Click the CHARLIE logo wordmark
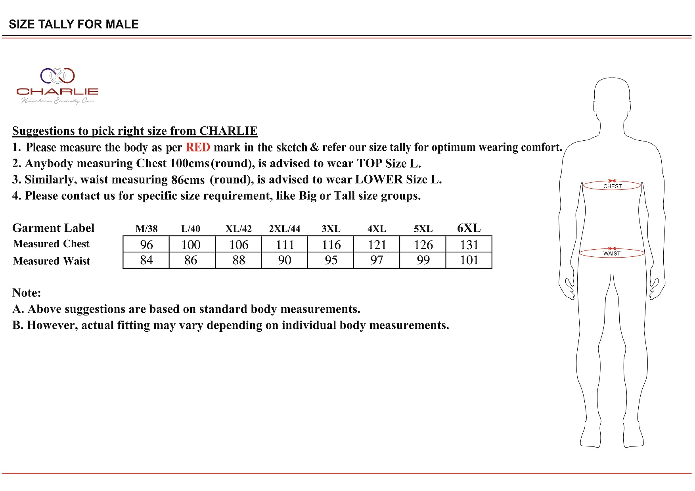[57, 91]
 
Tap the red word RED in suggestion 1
[198, 147]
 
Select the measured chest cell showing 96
[146, 245]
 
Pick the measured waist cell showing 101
[469, 260]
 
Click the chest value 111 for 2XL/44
[285, 245]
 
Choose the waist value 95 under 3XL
[331, 260]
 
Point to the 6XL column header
[469, 228]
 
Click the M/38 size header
[146, 229]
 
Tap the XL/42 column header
[238, 229]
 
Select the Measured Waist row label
[52, 261]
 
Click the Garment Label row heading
[53, 228]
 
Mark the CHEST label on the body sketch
[612, 186]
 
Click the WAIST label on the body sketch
[612, 254]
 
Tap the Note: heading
[27, 292]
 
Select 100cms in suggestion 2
[189, 163]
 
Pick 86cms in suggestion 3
[188, 180]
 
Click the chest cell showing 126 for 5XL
[423, 245]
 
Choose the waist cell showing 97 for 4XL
[377, 260]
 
